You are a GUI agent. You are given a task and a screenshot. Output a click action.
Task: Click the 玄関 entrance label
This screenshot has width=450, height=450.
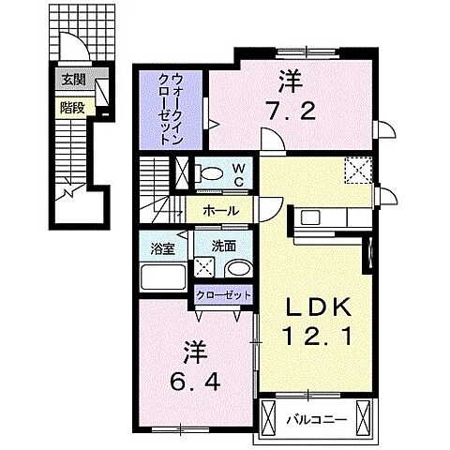click(x=71, y=81)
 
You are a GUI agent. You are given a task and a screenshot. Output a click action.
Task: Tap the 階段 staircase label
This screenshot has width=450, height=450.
click(x=71, y=106)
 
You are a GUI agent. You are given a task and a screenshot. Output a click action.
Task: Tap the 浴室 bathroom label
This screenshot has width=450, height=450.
click(x=163, y=248)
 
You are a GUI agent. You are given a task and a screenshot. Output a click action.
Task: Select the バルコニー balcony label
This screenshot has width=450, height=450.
click(x=314, y=417)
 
